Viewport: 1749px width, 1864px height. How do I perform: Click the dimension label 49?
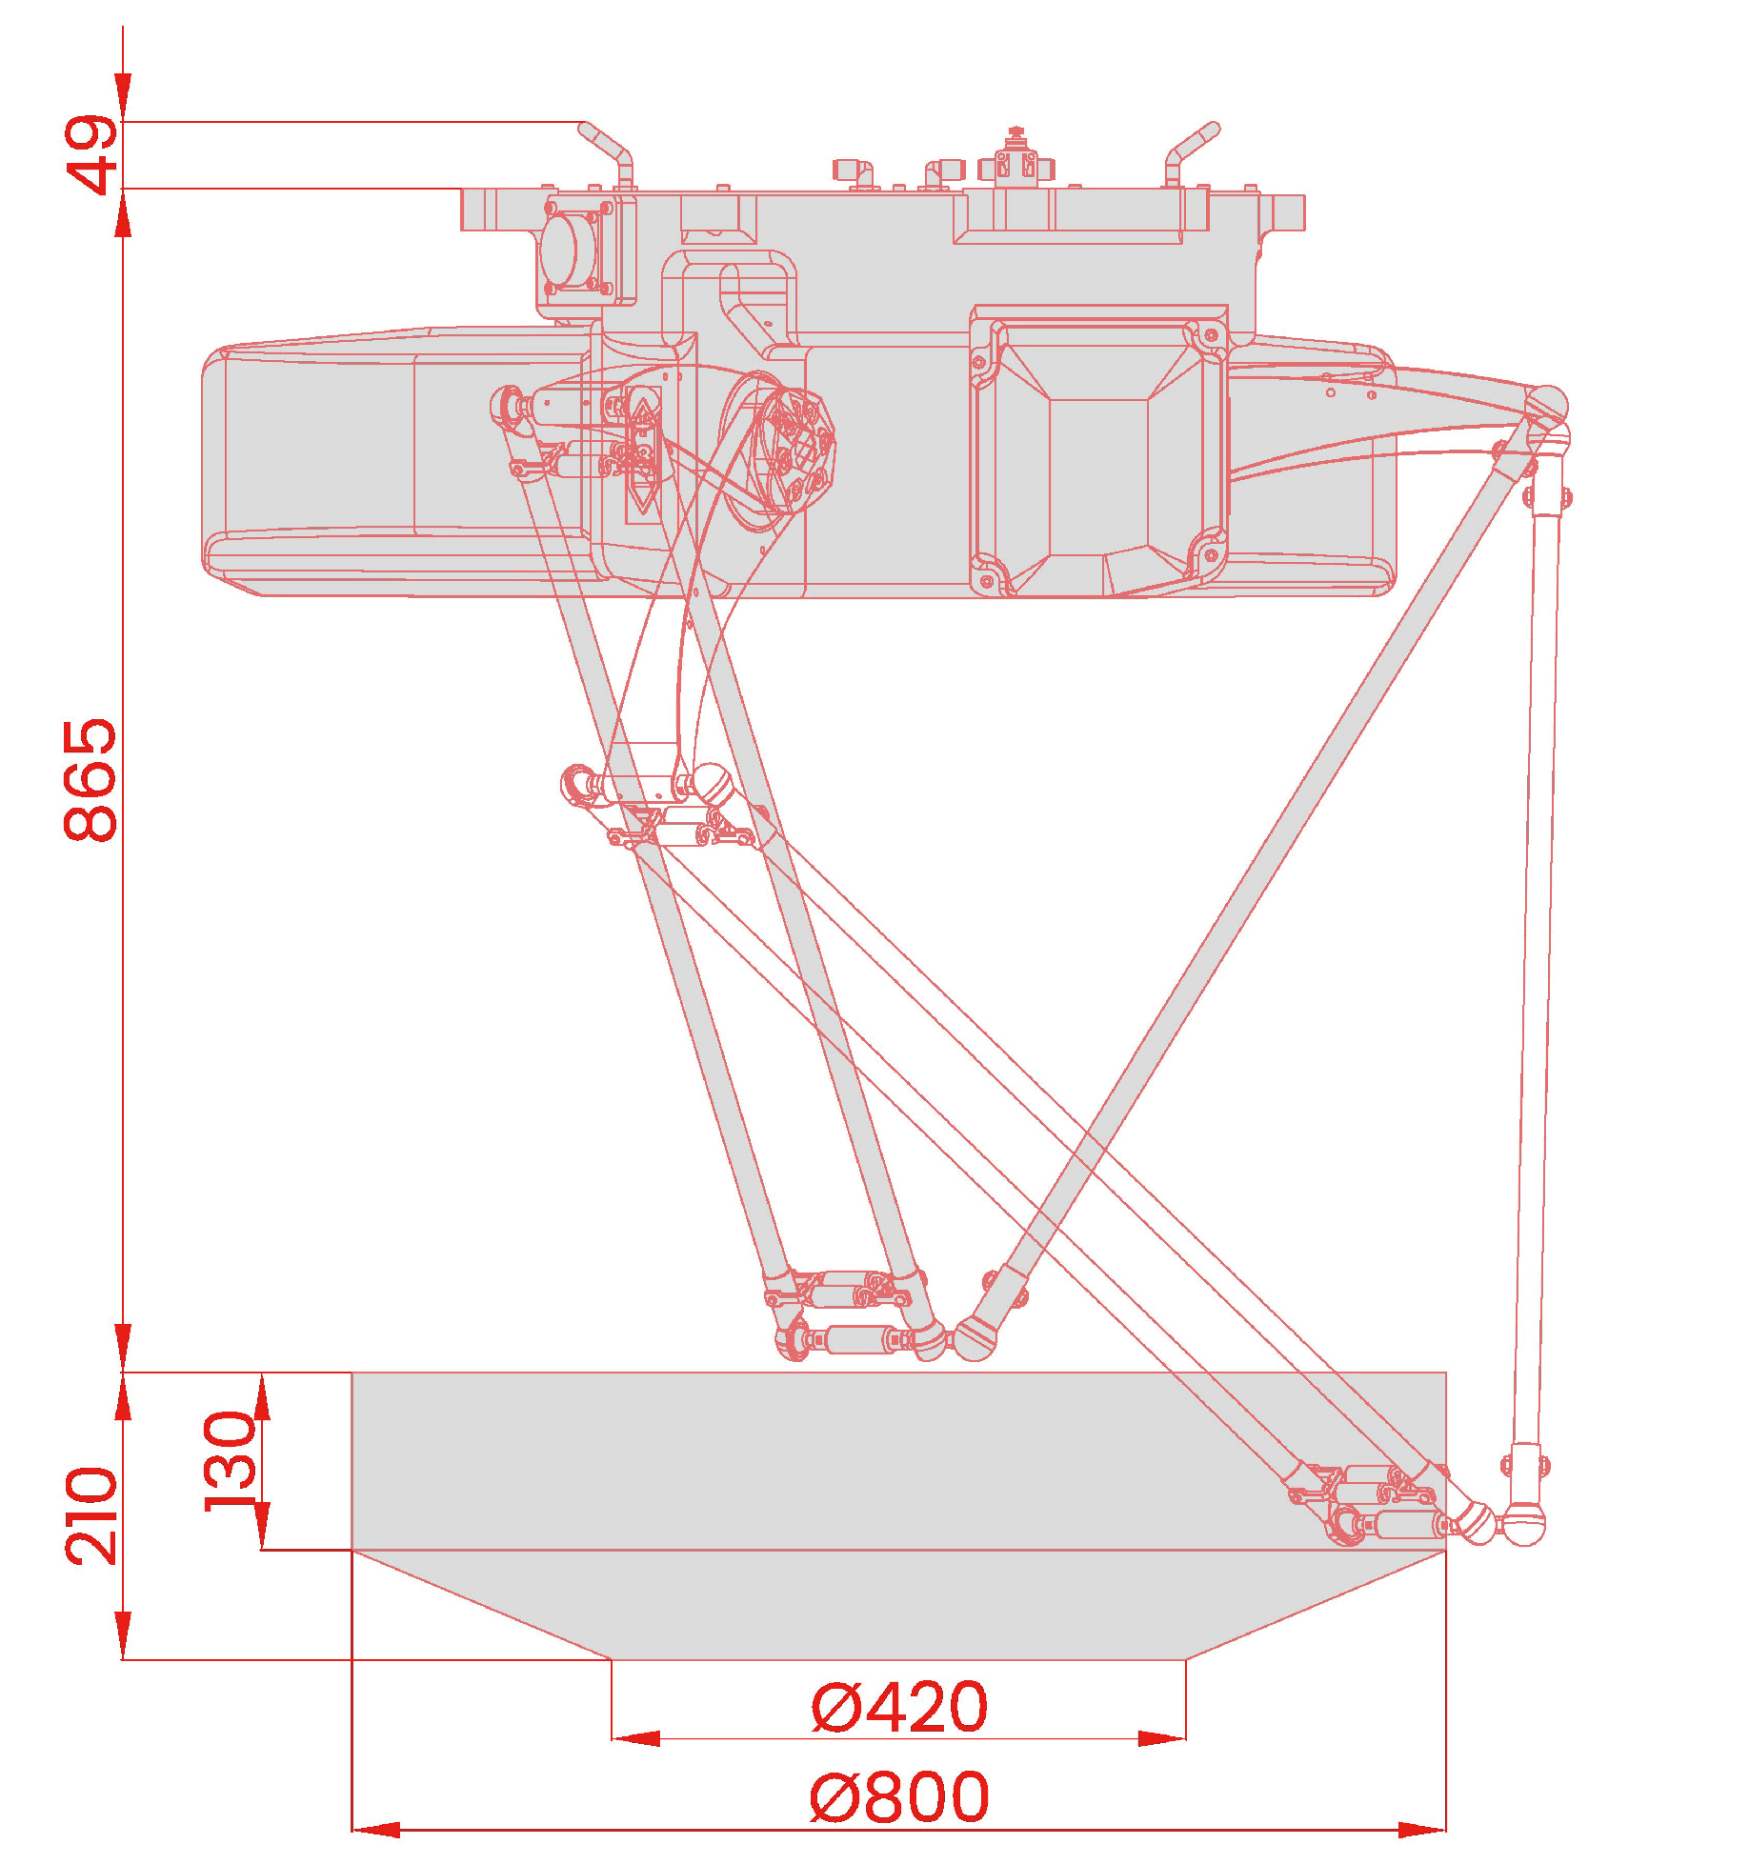tap(91, 154)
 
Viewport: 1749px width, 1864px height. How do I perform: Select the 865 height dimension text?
tap(91, 780)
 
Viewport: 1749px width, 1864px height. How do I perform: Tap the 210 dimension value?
tap(91, 1515)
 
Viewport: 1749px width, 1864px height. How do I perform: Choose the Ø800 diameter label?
tap(899, 1796)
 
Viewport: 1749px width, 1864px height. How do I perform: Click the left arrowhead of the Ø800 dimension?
tap(376, 1829)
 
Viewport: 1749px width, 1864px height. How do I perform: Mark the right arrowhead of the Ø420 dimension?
tap(1161, 1738)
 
